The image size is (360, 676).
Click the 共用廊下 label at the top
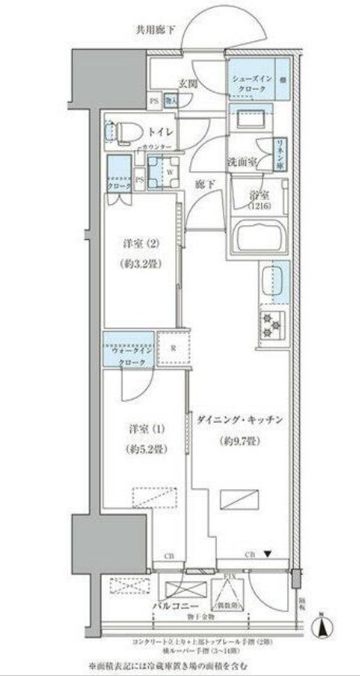pos(156,30)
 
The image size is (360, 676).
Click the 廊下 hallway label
pos(204,185)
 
